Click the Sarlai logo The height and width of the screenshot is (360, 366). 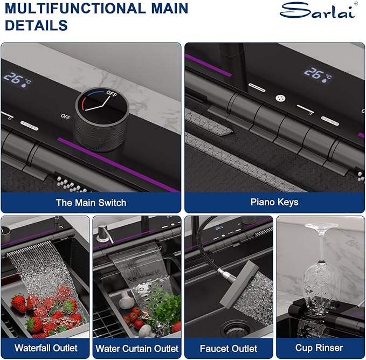click(319, 10)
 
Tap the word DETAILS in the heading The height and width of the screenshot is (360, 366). click(36, 25)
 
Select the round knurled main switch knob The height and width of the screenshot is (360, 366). click(102, 119)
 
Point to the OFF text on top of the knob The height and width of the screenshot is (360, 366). click(112, 94)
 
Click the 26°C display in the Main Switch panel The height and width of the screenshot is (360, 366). click(17, 80)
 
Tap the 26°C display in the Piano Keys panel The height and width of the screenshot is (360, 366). click(317, 75)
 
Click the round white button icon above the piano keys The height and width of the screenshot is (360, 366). click(280, 98)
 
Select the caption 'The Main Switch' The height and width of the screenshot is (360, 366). click(91, 203)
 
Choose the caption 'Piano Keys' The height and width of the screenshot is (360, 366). click(274, 202)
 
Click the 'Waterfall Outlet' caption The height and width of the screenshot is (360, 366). click(46, 348)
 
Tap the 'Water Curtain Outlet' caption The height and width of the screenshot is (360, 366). click(137, 348)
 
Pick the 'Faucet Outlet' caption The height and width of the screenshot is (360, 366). click(229, 348)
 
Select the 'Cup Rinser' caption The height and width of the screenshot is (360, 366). click(319, 348)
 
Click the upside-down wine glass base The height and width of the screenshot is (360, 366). click(321, 226)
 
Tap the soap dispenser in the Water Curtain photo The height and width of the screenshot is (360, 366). click(103, 234)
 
